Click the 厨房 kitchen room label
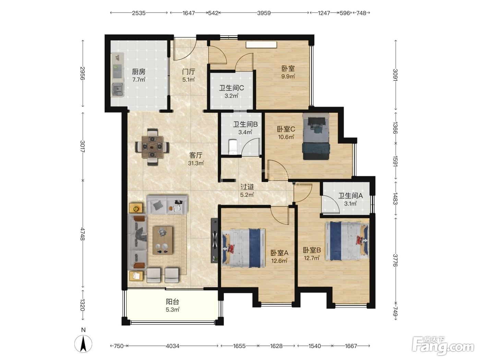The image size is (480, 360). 139,72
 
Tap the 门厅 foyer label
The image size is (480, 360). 189,72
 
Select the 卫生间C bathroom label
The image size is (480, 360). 231,88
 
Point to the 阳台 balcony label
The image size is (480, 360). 172,302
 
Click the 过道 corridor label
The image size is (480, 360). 247,187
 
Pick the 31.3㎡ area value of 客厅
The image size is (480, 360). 196,163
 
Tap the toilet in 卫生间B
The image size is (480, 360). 233,147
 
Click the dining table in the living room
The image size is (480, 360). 153,147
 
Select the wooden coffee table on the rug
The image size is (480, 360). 163,240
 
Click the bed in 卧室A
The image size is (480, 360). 243,248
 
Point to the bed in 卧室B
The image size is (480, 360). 347,241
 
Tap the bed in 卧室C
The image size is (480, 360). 316,136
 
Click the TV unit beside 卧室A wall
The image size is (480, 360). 214,240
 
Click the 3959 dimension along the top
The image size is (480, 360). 264,13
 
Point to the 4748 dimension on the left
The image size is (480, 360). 82,234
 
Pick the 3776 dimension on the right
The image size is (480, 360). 395,261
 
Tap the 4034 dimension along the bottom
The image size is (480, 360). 172,346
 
